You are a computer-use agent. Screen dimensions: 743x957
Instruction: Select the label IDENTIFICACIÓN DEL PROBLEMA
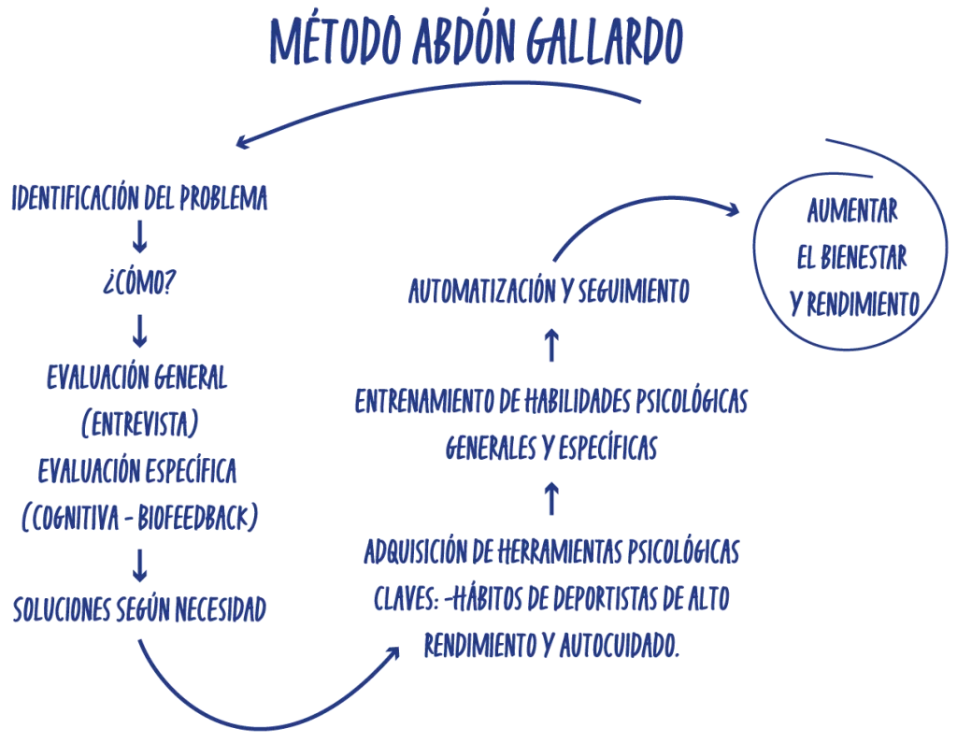pos(140,197)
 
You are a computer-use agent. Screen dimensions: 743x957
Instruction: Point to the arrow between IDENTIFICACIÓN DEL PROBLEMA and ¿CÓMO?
pos(138,238)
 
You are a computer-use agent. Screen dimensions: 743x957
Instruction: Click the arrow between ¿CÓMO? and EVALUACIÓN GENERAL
pos(139,330)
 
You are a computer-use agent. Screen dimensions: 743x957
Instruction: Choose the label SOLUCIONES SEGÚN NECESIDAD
pos(140,609)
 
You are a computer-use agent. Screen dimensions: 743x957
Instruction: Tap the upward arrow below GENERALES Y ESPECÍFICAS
pos(551,498)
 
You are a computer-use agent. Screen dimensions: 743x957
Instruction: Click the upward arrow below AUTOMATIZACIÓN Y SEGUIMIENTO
pos(551,346)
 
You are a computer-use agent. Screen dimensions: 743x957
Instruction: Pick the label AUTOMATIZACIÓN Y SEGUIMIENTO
pos(550,293)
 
